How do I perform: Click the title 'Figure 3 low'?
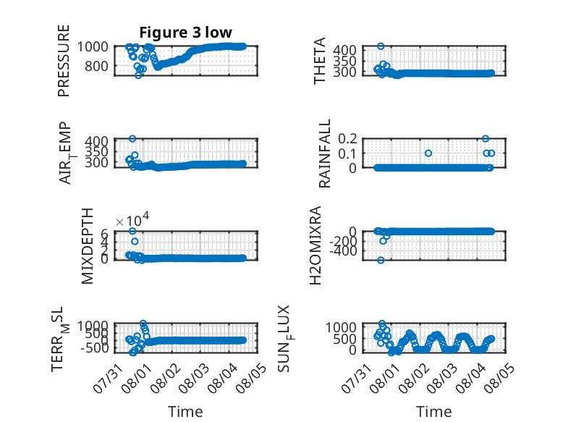tap(186, 33)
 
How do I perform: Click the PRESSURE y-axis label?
tap(63, 61)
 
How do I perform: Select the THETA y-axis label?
tap(319, 61)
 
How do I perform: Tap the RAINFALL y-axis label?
tap(324, 153)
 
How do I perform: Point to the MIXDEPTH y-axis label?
tap(88, 246)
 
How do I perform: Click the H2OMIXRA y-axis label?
tap(315, 245)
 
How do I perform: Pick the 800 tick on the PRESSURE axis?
tap(96, 66)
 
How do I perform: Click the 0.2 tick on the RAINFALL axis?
tap(347, 139)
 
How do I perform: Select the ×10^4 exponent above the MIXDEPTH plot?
tap(132, 219)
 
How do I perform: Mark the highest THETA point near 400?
tap(381, 46)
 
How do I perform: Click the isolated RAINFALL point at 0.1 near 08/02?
tap(428, 153)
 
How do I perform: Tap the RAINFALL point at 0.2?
tap(486, 139)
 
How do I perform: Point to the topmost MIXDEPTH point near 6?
tap(132, 231)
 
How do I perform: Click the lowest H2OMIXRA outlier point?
tap(381, 260)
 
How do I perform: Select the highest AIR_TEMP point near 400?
tap(132, 139)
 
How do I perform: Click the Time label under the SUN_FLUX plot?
tap(433, 412)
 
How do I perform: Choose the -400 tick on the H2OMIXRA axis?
tap(344, 251)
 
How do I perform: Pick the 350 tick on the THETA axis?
tap(344, 61)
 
